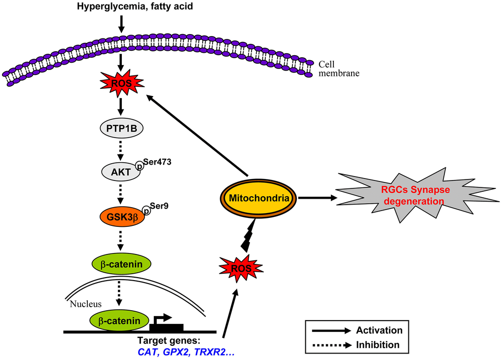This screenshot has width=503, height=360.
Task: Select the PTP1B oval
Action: pos(122,130)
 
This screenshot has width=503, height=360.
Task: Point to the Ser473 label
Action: pos(156,161)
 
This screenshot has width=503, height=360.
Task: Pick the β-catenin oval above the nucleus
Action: pos(121,264)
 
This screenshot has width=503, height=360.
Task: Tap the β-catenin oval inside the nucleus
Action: pos(118,321)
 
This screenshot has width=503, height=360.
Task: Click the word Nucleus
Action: pos(84,304)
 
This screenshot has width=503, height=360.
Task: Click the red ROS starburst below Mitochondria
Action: pos(241,268)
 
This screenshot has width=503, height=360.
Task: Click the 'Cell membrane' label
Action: pos(339,69)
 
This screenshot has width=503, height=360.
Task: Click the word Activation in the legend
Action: pos(379,330)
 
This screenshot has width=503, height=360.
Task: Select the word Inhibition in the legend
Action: pos(377,344)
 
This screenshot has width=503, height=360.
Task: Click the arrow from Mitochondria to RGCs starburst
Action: pos(318,198)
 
